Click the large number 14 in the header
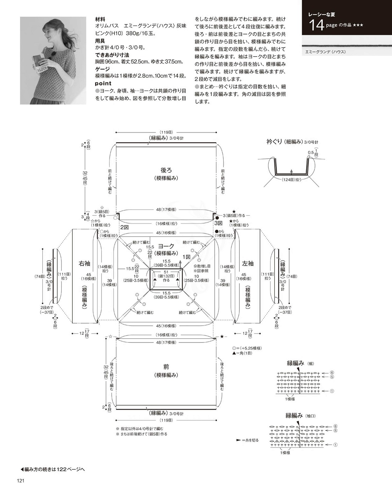317,25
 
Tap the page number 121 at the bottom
20,481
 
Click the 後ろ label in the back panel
166,170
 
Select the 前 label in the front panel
166,367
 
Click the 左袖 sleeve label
248,263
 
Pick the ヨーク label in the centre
166,246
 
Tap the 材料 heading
100,19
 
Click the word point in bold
103,83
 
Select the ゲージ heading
103,69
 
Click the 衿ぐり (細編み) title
292,142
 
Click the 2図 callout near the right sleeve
125,227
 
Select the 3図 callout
218,223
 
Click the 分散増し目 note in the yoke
202,266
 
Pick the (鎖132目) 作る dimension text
166,278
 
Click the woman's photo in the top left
53,61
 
